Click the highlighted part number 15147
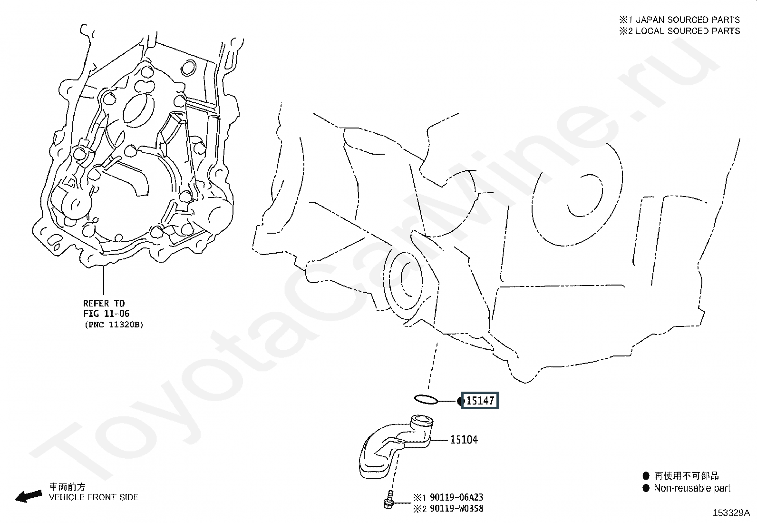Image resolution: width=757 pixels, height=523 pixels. [x=480, y=401]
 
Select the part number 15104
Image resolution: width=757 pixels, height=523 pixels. [x=464, y=440]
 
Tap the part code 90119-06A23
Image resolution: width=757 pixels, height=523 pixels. [x=456, y=498]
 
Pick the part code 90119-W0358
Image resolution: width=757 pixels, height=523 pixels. [x=456, y=509]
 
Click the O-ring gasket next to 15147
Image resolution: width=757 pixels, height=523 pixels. [x=426, y=399]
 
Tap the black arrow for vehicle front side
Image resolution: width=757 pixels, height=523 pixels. [x=28, y=496]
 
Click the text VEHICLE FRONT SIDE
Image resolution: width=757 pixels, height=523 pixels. [x=94, y=497]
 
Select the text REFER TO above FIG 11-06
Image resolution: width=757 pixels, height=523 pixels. [x=104, y=303]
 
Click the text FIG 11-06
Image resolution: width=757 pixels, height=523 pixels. [x=106, y=314]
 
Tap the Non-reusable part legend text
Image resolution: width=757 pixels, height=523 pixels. [x=692, y=488]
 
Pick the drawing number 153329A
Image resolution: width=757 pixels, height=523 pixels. [x=730, y=513]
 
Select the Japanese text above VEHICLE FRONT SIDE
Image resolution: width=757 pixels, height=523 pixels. [x=68, y=487]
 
